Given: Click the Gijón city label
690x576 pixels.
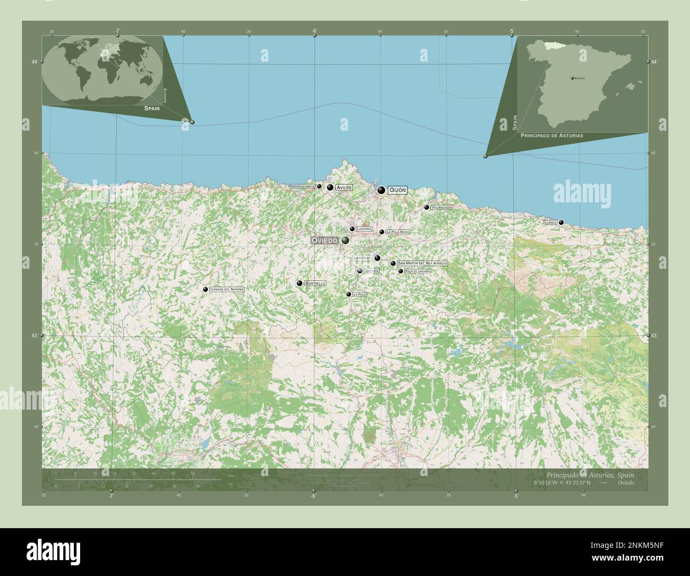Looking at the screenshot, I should point(398,190).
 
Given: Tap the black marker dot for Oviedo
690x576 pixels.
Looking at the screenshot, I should point(346,241).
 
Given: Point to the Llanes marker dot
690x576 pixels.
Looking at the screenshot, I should point(561,223).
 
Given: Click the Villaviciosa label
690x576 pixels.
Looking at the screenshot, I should point(442,207).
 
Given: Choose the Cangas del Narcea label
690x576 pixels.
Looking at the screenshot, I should point(227,289).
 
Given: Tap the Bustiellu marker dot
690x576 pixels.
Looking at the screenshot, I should point(300,284).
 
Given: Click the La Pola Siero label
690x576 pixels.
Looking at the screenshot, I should point(398,232).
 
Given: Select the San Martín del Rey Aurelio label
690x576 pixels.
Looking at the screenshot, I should point(422,264).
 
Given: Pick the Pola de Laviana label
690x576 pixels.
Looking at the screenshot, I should point(417,271).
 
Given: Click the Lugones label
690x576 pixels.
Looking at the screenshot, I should point(364,229).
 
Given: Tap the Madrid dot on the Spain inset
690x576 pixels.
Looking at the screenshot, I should point(572,78).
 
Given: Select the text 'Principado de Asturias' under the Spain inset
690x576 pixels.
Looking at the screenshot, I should point(552,136).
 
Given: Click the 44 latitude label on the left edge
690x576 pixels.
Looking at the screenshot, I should point(34,62).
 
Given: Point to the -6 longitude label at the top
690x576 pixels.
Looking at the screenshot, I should point(314,31).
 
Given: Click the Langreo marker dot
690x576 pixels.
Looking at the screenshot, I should point(377,258).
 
